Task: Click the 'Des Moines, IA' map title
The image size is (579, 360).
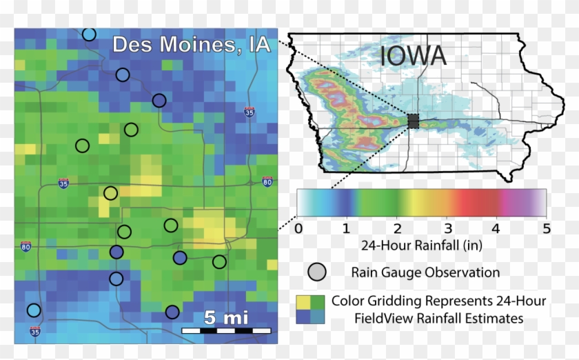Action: tap(191, 46)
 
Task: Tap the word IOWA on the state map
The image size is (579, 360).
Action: tap(411, 57)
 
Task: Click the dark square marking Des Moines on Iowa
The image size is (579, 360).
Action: tap(414, 121)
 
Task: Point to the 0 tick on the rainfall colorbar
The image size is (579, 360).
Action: tap(298, 228)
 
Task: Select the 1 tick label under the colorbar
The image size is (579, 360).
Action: tap(347, 228)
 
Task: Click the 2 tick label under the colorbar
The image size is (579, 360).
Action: tap(397, 228)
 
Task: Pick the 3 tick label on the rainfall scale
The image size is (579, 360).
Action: tap(447, 228)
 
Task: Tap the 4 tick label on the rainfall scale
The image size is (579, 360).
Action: tap(496, 228)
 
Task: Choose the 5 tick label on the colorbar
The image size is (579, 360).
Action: tap(545, 228)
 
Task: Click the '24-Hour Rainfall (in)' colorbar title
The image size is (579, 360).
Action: tap(420, 246)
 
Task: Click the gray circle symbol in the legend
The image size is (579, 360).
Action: tap(317, 272)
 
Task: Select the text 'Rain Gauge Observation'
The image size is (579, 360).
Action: tap(425, 272)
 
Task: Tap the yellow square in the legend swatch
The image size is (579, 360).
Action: tap(304, 301)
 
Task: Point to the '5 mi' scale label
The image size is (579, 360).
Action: tap(225, 317)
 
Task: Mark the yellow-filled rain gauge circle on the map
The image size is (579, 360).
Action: tap(110, 193)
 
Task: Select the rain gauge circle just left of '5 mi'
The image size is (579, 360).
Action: tap(172, 312)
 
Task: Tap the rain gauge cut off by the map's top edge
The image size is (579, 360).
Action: tap(89, 34)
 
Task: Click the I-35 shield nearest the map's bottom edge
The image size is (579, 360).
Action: tap(34, 332)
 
